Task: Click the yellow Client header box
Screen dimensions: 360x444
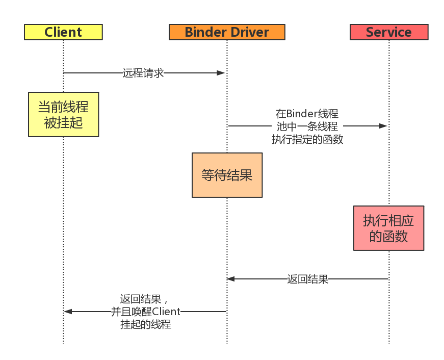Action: click(63, 32)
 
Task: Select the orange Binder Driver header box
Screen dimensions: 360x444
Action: click(227, 32)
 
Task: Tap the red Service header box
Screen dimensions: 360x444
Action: click(388, 32)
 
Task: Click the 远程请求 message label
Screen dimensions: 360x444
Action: click(143, 73)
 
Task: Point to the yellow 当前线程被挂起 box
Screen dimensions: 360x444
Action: click(63, 115)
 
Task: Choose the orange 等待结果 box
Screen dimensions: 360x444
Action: click(227, 175)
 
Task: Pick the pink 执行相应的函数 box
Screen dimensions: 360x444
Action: click(388, 228)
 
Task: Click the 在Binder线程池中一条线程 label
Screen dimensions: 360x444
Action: click(307, 120)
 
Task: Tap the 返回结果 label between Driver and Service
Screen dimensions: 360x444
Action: click(307, 279)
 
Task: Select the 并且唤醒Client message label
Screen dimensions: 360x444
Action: click(146, 312)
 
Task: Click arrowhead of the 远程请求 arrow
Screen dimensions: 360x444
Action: click(221, 73)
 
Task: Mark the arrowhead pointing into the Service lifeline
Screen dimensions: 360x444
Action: click(383, 126)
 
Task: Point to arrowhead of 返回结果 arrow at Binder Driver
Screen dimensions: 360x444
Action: click(231, 279)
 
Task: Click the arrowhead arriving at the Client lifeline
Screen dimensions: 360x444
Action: click(68, 312)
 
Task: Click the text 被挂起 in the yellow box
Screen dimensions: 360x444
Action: click(63, 123)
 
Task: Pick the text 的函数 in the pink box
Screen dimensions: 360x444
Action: click(388, 236)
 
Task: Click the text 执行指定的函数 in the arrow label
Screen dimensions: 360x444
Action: click(307, 139)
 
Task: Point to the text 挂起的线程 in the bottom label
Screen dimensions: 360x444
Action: click(146, 324)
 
